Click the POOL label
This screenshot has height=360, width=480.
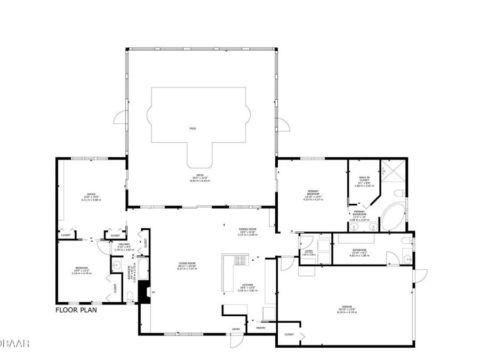point(193,129)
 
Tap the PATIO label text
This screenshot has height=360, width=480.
point(200,177)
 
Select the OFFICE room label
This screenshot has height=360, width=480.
point(92,194)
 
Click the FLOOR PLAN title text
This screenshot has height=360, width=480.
point(76,309)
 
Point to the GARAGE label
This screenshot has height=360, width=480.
point(344,307)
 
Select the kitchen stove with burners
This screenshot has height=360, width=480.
point(239,261)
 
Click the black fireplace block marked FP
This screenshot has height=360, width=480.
point(143,292)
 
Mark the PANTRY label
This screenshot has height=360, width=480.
point(261,328)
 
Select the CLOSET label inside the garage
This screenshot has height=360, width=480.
point(289,334)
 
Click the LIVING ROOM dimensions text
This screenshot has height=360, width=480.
point(187,268)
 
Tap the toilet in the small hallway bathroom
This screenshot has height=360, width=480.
point(131,296)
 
